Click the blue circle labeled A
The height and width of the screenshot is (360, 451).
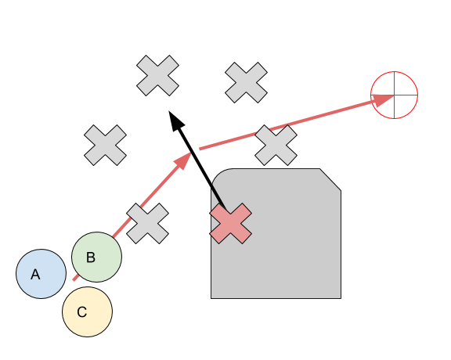point(41,274)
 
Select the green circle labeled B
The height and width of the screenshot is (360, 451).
point(96,257)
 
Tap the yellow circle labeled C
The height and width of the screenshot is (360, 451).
point(88,311)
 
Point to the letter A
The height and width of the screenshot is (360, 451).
point(35,275)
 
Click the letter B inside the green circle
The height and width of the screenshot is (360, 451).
point(91,257)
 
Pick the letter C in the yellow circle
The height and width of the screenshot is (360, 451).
point(82,312)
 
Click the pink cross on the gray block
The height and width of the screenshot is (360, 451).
point(231,223)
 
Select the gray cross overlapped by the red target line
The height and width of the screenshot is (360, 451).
point(276,146)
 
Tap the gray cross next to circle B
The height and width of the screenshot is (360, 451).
point(147,223)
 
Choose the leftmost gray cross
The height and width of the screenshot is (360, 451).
point(105,146)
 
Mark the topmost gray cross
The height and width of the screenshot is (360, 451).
point(157,75)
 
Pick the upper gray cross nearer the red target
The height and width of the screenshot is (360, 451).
point(246,82)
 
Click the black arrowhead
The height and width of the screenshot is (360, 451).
point(175,121)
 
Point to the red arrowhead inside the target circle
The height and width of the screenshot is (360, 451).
point(383,99)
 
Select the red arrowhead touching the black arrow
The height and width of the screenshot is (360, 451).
point(184,160)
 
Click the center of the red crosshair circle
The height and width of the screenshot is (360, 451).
point(395,95)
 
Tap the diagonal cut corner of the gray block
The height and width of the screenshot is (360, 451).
point(330,179)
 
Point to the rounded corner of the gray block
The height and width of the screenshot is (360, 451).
point(217,175)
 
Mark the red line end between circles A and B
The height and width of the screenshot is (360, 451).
point(74,279)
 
